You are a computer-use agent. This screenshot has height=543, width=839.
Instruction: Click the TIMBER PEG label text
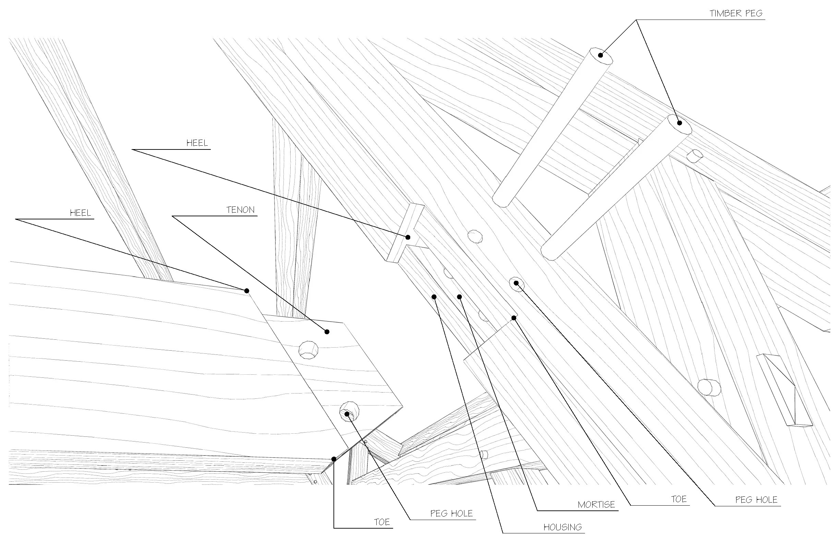736,13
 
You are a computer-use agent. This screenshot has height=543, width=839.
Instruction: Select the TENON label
240,210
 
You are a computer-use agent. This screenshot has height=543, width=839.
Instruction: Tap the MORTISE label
596,505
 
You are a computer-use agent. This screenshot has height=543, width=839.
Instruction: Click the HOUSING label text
562,527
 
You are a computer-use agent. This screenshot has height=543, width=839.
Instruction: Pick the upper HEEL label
197,143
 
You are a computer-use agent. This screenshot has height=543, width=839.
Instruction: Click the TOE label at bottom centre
382,522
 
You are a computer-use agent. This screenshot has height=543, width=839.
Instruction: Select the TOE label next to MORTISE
679,499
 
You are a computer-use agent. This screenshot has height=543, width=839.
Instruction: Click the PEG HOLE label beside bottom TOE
451,514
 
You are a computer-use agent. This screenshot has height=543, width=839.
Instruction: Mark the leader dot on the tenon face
327,331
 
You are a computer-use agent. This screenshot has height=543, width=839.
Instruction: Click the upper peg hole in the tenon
308,350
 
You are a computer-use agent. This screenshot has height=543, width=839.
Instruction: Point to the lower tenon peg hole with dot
349,412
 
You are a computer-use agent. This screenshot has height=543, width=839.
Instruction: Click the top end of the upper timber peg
600,55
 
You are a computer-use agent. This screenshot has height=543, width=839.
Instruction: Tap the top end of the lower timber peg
679,123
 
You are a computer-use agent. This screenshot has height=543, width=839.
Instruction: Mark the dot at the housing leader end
434,297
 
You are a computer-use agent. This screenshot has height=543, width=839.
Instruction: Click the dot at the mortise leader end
459,297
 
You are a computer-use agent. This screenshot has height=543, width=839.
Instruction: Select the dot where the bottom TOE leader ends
333,459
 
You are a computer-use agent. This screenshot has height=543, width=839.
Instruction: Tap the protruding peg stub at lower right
709,387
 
